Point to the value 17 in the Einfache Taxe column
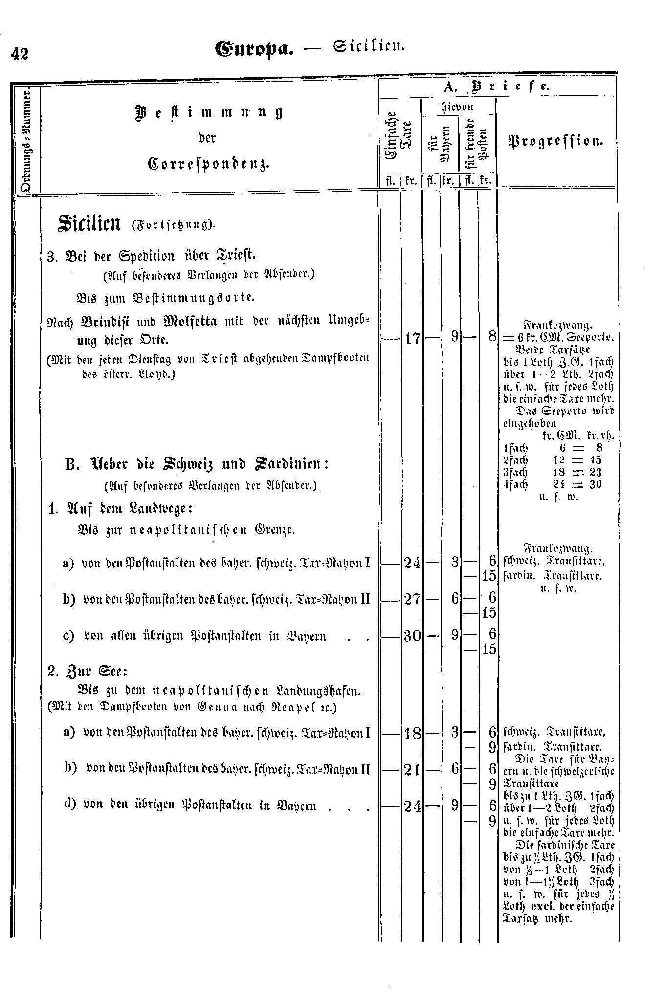click(x=411, y=338)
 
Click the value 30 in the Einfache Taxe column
click(x=411, y=635)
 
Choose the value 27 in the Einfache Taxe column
click(x=411, y=599)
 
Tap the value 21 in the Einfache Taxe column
click(x=411, y=770)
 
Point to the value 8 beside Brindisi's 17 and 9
click(x=492, y=337)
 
